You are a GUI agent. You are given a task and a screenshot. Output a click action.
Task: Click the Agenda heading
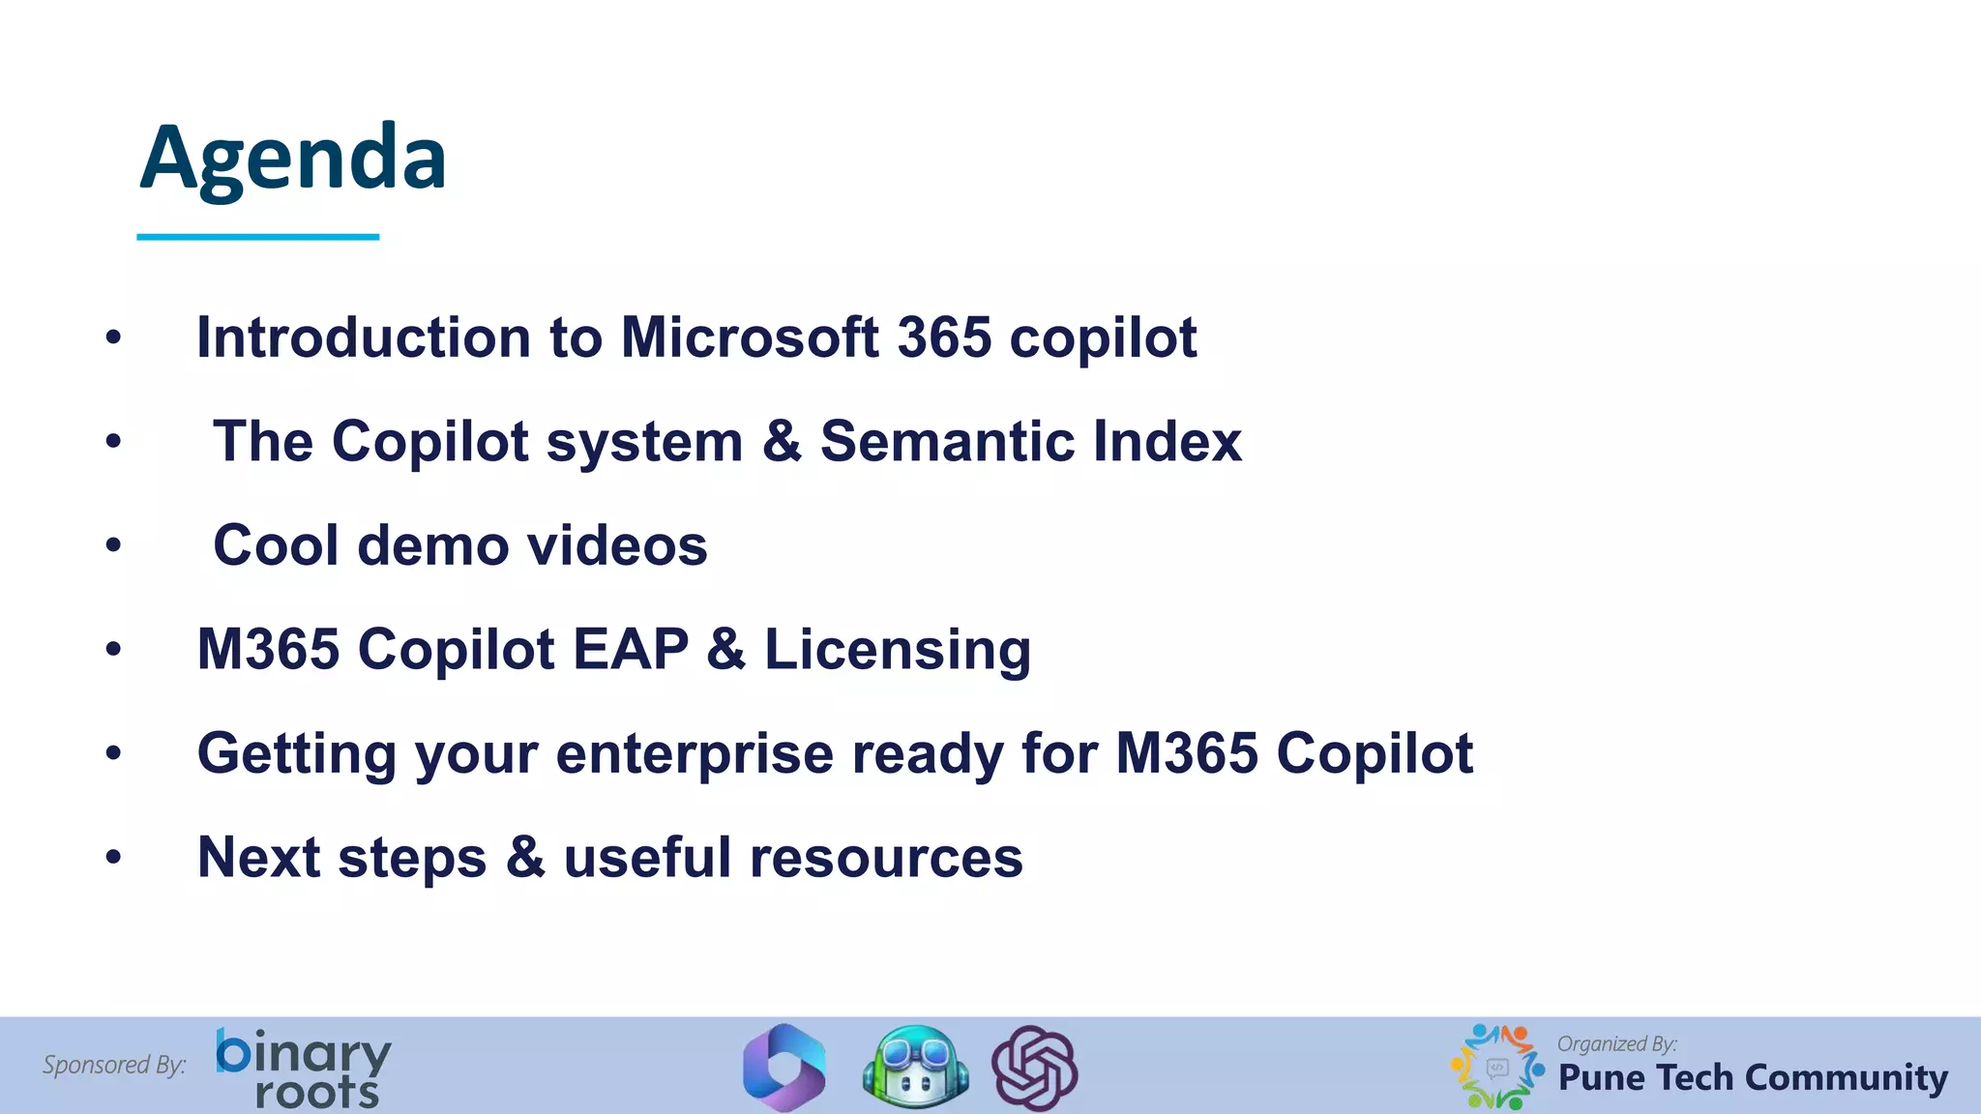293,159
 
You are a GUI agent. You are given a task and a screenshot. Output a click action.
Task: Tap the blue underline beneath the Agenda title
257,236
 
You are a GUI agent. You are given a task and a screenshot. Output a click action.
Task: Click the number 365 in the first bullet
944,337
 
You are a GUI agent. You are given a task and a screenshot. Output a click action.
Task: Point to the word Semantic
947,442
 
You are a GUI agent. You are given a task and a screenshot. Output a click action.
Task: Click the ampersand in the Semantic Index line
782,442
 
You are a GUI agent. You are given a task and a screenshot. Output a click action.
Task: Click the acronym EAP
631,649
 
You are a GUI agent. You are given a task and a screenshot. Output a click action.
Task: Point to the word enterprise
695,753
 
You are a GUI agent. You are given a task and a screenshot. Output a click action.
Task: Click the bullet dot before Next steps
114,857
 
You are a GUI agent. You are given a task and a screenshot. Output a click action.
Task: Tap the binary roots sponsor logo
303,1068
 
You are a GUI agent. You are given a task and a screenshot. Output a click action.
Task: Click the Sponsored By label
114,1065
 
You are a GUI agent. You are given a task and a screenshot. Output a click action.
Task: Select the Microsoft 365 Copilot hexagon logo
784,1068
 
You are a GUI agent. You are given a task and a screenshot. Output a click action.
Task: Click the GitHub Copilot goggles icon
916,1067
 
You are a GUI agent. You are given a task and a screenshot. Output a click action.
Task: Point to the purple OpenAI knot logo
1035,1068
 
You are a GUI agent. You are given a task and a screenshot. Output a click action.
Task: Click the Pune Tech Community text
1753,1077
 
